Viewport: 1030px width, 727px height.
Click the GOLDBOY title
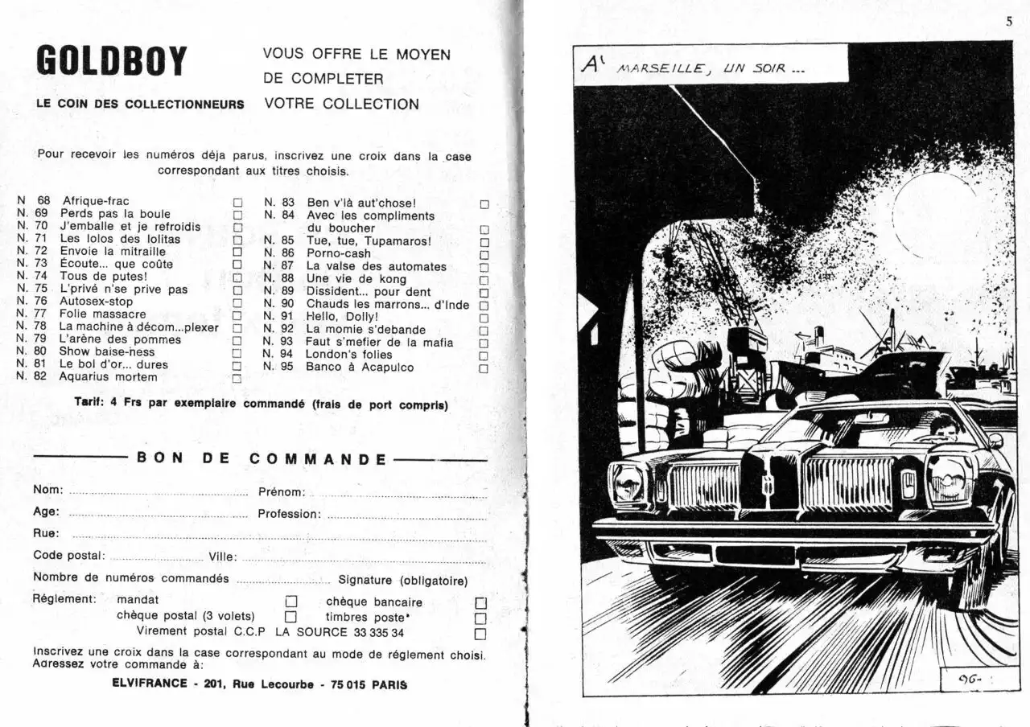(x=112, y=62)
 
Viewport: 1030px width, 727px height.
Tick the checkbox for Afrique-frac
(x=237, y=203)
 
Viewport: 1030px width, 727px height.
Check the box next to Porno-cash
(x=484, y=254)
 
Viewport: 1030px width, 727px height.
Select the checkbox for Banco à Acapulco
(x=484, y=368)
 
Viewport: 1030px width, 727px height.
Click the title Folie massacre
(x=103, y=314)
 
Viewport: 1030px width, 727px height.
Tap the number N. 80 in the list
(x=32, y=351)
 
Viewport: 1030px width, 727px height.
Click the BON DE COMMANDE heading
(x=262, y=459)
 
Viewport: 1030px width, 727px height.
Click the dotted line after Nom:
(x=159, y=493)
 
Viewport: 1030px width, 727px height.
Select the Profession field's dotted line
(x=406, y=516)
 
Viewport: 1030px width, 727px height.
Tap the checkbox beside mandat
(x=291, y=601)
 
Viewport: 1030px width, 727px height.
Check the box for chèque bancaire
(x=481, y=603)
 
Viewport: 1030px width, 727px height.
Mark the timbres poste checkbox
(x=481, y=618)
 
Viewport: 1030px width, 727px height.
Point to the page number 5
(x=1009, y=22)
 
